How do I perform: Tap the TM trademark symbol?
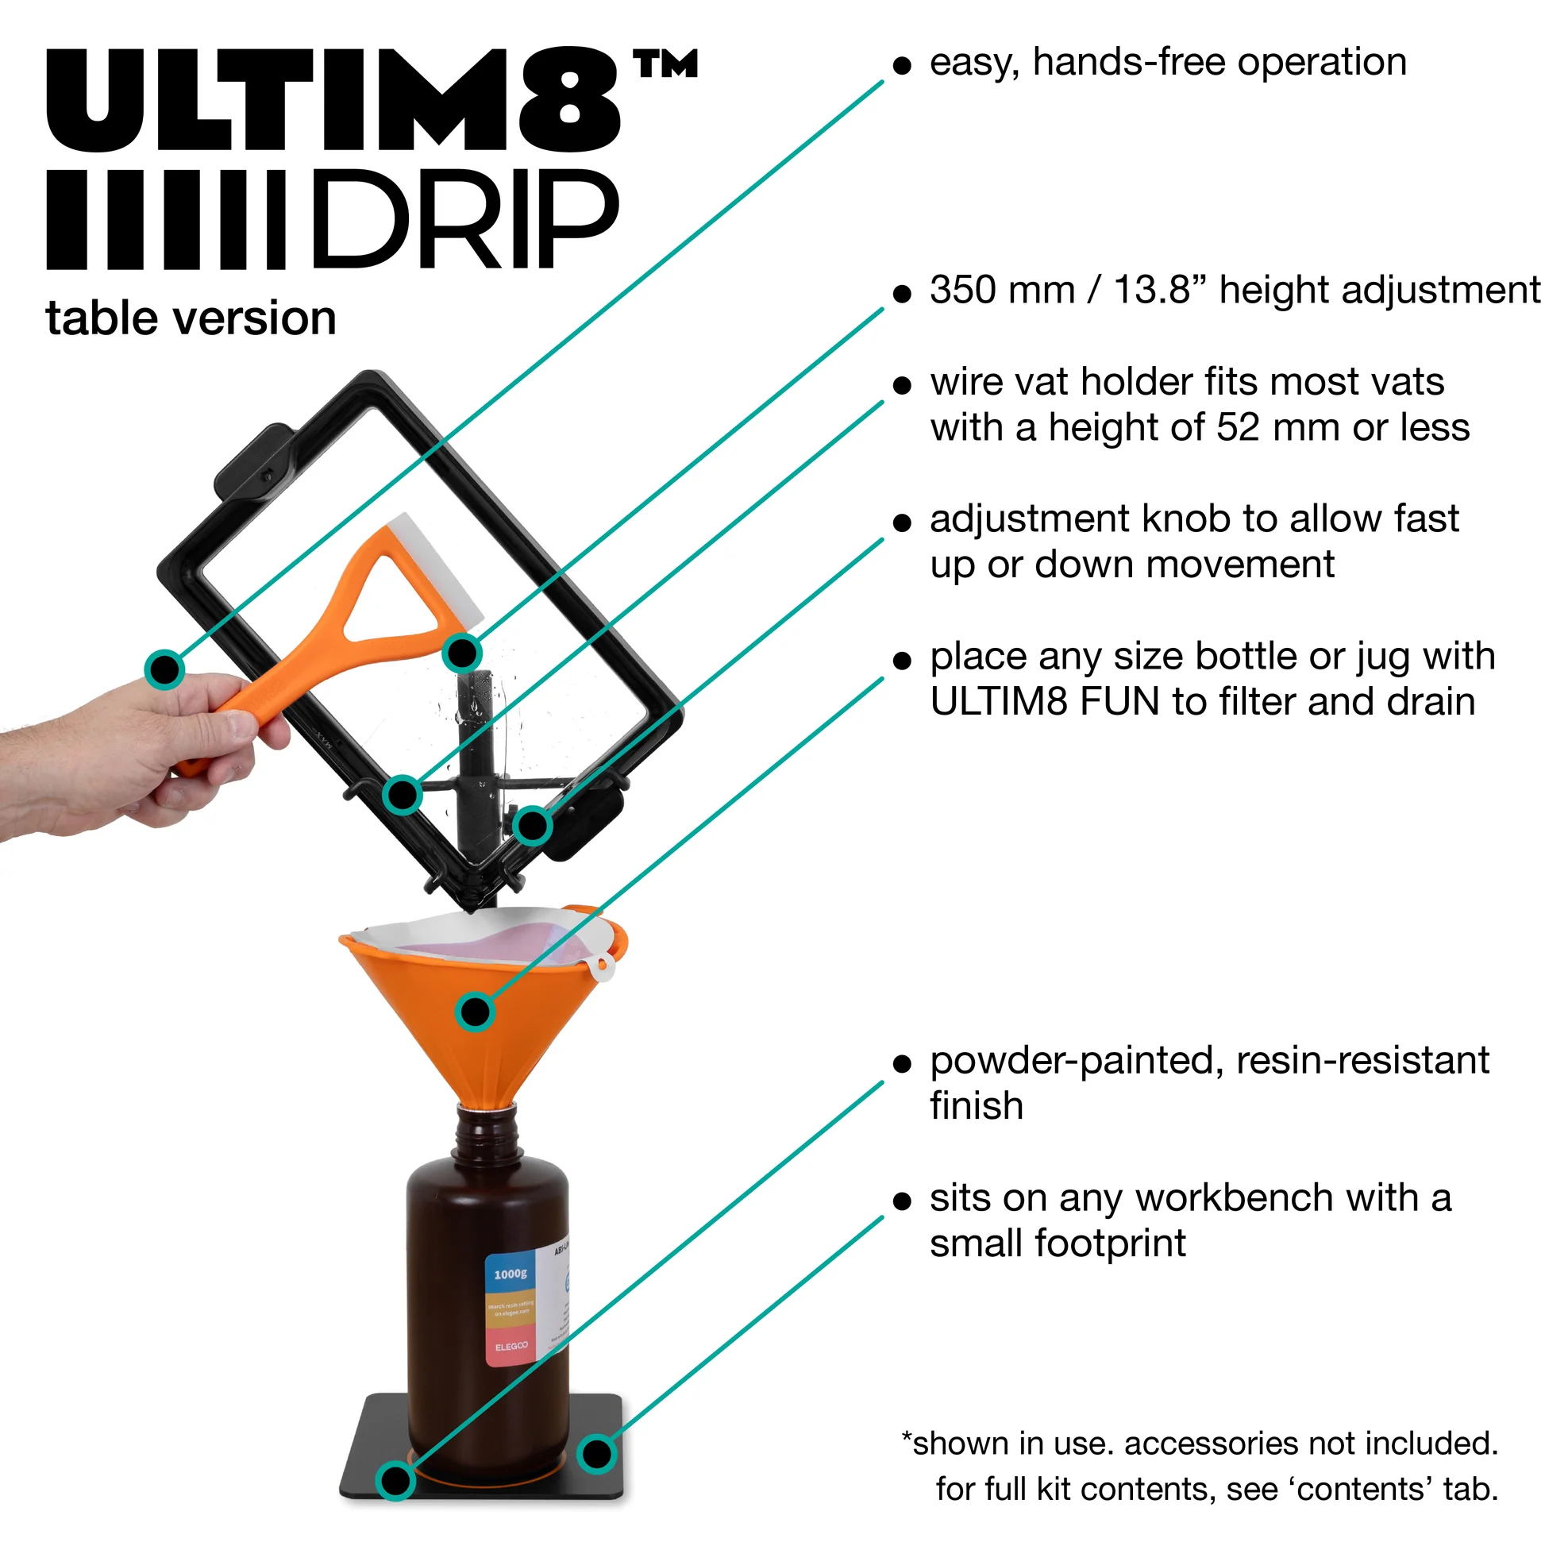(665, 64)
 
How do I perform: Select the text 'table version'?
(191, 318)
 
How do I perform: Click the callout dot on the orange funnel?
(476, 1012)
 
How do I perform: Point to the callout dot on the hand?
(165, 669)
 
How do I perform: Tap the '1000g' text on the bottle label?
(511, 1274)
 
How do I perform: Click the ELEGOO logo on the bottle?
(511, 1347)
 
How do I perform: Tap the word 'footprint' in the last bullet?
(1111, 1243)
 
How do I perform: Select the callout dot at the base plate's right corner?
(596, 1453)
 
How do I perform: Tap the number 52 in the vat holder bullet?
(1239, 428)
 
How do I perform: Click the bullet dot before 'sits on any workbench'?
(903, 1201)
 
